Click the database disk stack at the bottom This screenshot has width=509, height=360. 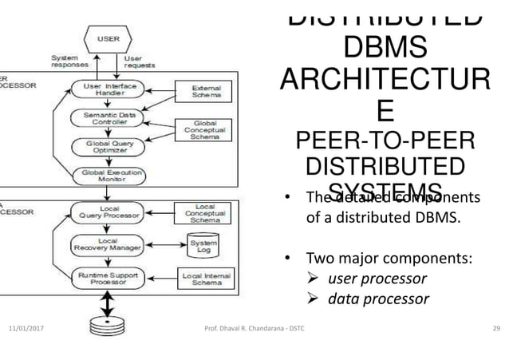click(105, 325)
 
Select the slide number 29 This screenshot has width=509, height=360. click(495, 329)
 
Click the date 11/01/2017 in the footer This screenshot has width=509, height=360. click(28, 329)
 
